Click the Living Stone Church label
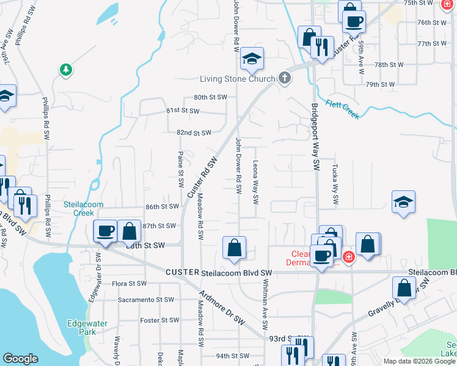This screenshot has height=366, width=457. pos(239,79)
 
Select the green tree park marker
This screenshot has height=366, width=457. pos(65,70)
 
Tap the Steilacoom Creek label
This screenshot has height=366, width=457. pos(84,209)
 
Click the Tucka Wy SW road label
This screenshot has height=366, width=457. pos(335,184)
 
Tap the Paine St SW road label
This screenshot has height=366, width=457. pos(181,170)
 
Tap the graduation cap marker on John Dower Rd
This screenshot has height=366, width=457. pos(252,59)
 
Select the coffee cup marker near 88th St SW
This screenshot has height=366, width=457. pos(105,231)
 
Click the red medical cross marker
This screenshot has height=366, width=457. pos(348,258)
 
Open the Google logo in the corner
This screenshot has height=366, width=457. pos(20,359)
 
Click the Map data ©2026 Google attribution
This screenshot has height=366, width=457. pos(419,361)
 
